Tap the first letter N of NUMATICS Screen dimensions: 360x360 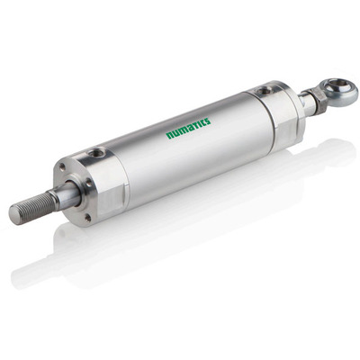pos(169,136)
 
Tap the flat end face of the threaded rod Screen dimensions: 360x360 pos(13,213)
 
